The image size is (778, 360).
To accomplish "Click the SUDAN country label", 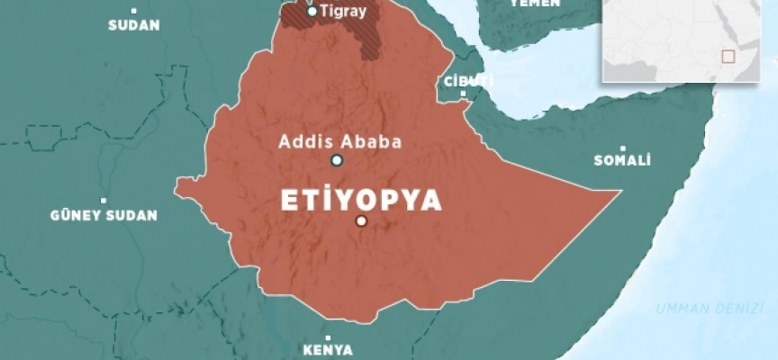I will pyautogui.click(x=133, y=25).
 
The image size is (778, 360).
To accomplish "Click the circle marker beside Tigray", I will pyautogui.click(x=312, y=11).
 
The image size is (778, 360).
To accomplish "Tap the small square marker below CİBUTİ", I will pyautogui.click(x=464, y=94).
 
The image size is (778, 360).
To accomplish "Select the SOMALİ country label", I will pyautogui.click(x=622, y=161).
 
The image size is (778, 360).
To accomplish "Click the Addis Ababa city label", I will pyautogui.click(x=339, y=141).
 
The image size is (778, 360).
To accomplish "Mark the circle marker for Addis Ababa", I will pyautogui.click(x=337, y=160).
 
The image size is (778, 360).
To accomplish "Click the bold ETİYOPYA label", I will pyautogui.click(x=361, y=200).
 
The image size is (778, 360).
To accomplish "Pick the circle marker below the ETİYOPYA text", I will pyautogui.click(x=361, y=220).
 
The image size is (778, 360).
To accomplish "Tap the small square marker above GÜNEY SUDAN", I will pyautogui.click(x=104, y=200).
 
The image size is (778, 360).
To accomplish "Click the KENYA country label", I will pyautogui.click(x=327, y=350).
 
